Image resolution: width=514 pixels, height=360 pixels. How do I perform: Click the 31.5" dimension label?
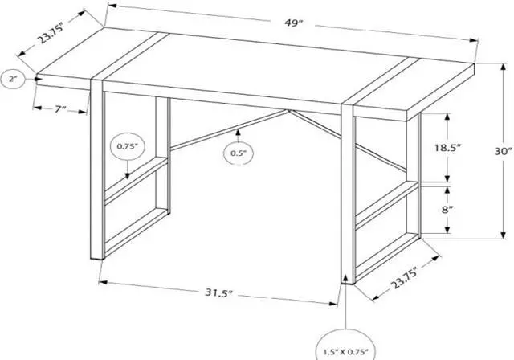[x=217, y=292]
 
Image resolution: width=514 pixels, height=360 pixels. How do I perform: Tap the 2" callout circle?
[x=14, y=79]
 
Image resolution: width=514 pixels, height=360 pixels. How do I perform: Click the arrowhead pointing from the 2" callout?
[x=40, y=78]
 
